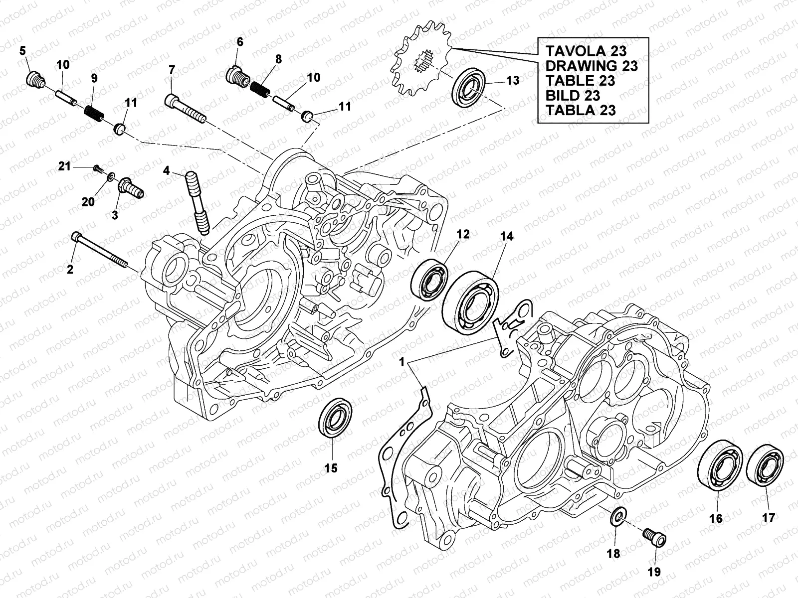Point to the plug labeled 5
coord(34,78)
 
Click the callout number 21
coord(64,166)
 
